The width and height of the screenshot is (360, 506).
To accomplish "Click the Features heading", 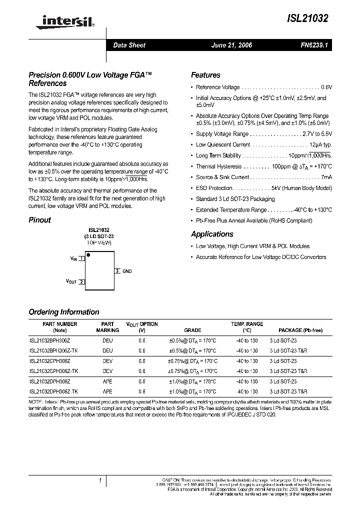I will coord(205,75).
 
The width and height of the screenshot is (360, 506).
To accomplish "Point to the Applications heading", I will coord(212,234).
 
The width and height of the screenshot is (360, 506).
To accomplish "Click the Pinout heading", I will coord(39,220).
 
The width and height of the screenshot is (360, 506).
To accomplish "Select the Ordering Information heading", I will coord(64,312).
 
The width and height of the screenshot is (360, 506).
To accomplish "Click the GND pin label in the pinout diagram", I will coord(127,271).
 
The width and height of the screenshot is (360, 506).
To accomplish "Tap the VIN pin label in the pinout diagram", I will coord(73,259).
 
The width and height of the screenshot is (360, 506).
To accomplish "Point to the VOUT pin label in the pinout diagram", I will coord(71,281).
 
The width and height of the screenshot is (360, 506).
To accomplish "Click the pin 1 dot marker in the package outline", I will coord(88,255).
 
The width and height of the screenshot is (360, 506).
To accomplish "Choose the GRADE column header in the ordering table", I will coord(192,330).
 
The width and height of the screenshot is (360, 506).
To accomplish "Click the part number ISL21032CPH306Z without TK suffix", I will coord(50,361).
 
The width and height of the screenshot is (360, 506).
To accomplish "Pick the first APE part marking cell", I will coord(107,381).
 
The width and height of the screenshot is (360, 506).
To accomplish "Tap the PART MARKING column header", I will coord(107,327).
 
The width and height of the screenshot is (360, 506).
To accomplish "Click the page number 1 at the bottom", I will coord(100,481).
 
